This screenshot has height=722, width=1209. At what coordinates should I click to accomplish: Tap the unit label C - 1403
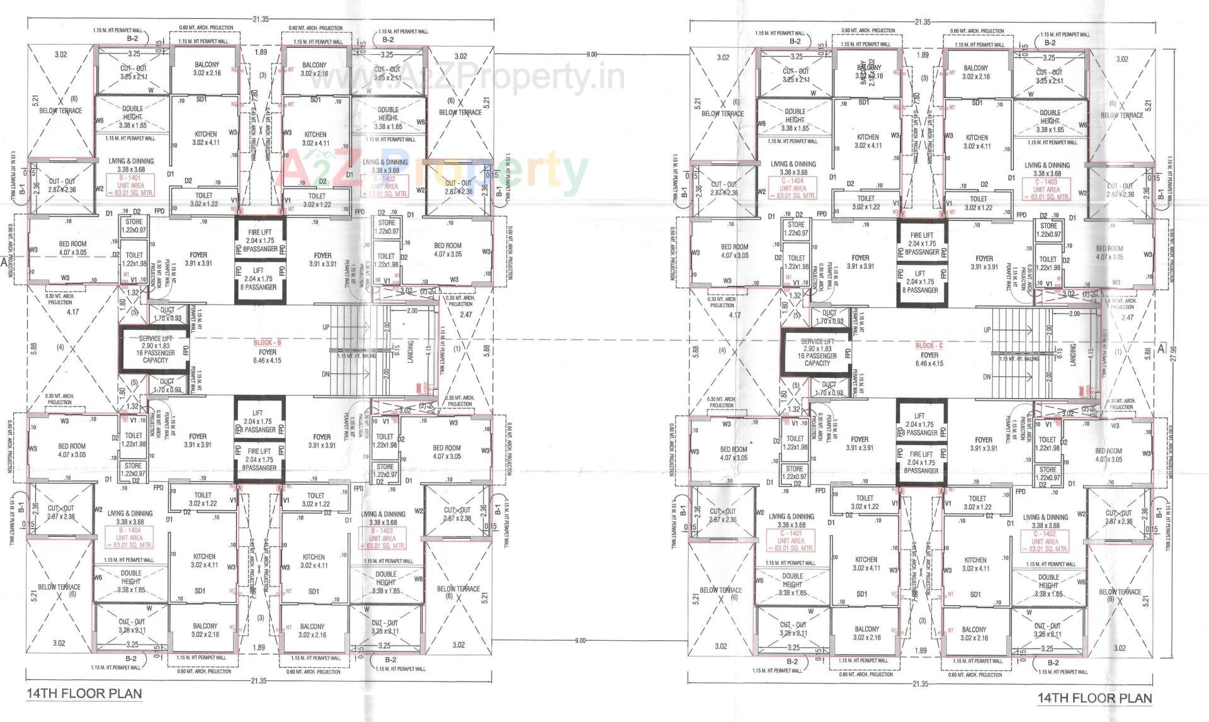pyautogui.click(x=1045, y=181)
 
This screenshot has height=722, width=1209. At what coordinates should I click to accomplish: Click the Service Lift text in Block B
pyautogui.click(x=155, y=339)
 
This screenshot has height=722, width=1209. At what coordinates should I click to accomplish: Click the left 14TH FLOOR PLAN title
pyautogui.click(x=84, y=694)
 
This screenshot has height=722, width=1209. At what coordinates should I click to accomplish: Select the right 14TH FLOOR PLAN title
pyautogui.click(x=1094, y=697)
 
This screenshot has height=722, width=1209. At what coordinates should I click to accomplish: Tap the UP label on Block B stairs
pyautogui.click(x=326, y=327)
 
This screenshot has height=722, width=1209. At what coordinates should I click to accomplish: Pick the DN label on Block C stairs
pyautogui.click(x=986, y=377)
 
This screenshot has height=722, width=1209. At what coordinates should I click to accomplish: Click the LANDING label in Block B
pyautogui.click(x=411, y=353)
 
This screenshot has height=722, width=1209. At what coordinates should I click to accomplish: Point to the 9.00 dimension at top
pyautogui.click(x=591, y=55)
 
